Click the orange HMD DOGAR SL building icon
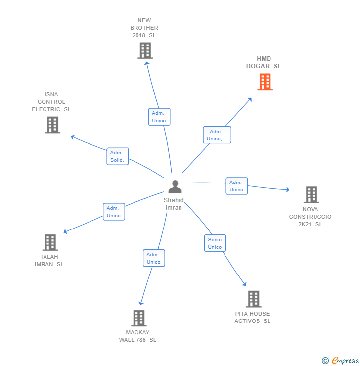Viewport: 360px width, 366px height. pyautogui.click(x=265, y=82)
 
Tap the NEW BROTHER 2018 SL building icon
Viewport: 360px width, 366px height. pyautogui.click(x=145, y=50)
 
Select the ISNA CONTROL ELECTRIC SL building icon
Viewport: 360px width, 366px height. pyautogui.click(x=52, y=125)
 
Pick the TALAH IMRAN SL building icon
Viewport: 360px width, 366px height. pyautogui.click(x=50, y=242)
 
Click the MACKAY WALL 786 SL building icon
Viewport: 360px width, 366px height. pyautogui.click(x=139, y=318)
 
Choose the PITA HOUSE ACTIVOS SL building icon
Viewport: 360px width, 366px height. pyautogui.click(x=253, y=299)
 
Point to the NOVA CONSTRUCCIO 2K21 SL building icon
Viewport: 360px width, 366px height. pyautogui.click(x=311, y=195)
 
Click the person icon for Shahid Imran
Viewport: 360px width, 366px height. pyautogui.click(x=175, y=187)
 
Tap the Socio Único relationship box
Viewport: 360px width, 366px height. pyautogui.click(x=215, y=243)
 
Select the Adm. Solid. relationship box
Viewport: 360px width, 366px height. pyautogui.click(x=117, y=156)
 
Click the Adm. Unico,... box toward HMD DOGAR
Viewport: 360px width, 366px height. pyautogui.click(x=217, y=135)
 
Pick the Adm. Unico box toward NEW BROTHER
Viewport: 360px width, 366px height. pyautogui.click(x=159, y=117)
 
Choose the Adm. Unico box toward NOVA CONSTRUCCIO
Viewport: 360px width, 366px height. pyautogui.click(x=236, y=186)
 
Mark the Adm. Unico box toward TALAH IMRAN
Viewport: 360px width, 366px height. pyautogui.click(x=114, y=212)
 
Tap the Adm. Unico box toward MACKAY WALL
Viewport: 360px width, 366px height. pyautogui.click(x=154, y=258)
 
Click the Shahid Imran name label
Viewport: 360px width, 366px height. pyautogui.click(x=174, y=204)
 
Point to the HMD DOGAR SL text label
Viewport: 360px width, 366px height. pyautogui.click(x=264, y=62)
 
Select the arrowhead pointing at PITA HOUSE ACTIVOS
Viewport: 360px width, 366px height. pyautogui.click(x=244, y=284)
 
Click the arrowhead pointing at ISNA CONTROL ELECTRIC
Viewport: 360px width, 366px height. pyautogui.click(x=72, y=137)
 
